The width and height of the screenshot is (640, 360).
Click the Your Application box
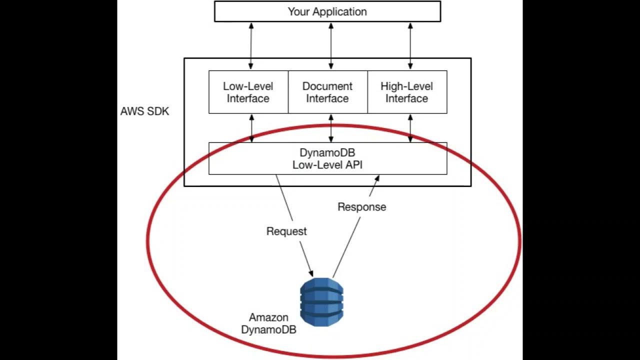pyautogui.click(x=327, y=11)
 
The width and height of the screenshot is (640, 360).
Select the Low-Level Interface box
pyautogui.click(x=248, y=92)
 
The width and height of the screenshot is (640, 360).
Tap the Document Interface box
pyautogui.click(x=327, y=92)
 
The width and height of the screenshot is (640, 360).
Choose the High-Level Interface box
pyautogui.click(x=406, y=92)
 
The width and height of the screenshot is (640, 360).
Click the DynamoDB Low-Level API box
pyautogui.click(x=327, y=158)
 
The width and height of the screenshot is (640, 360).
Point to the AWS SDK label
pyautogui.click(x=145, y=111)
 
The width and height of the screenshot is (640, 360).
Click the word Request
pyautogui.click(x=286, y=231)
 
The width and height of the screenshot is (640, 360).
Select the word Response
pyautogui.click(x=361, y=207)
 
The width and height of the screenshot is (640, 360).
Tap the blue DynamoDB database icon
pyautogui.click(x=321, y=301)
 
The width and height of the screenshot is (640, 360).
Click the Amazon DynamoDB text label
pyautogui.click(x=269, y=323)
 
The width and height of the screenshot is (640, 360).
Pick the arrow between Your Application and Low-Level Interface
pyautogui.click(x=251, y=45)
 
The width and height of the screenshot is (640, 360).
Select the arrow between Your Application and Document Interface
pyautogui.click(x=330, y=45)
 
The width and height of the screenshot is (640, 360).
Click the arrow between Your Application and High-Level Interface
pyautogui.click(x=410, y=45)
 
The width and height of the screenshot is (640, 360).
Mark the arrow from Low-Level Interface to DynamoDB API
pyautogui.click(x=251, y=128)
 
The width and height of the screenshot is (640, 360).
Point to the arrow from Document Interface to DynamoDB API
pyautogui.click(x=330, y=128)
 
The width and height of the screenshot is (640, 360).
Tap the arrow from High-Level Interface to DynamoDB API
pyautogui.click(x=410, y=128)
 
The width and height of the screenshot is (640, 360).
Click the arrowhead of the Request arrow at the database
pyautogui.click(x=311, y=272)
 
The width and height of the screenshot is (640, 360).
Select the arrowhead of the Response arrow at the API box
pyautogui.click(x=377, y=178)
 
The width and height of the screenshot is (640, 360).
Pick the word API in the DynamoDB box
pyautogui.click(x=354, y=165)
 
